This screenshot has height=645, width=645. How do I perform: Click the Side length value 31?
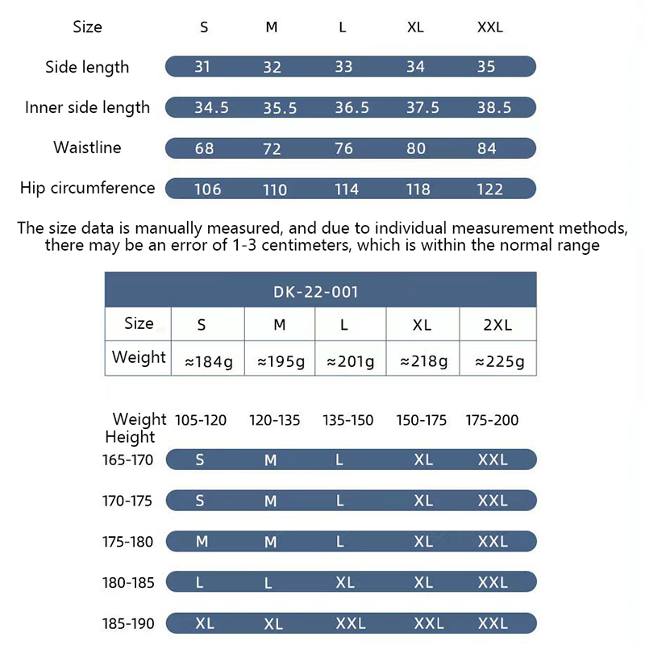(202, 66)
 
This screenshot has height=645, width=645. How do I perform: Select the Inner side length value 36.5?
(352, 107)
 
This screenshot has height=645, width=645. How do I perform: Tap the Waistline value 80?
(415, 148)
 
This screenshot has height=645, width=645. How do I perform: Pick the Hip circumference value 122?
(489, 189)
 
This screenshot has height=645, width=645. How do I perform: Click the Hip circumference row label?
(87, 188)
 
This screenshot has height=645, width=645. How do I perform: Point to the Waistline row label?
(87, 148)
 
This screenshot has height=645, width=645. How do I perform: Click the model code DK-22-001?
(321, 291)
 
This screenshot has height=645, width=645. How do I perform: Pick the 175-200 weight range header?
(492, 420)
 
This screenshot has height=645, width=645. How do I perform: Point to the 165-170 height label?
(127, 460)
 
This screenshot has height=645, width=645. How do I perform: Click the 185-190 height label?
(127, 623)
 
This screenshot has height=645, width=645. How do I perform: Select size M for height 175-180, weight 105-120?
(202, 542)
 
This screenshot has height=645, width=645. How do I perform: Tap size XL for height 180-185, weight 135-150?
(344, 582)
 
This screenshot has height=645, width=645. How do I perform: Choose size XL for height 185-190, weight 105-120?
(204, 623)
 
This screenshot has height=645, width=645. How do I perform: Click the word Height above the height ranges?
(130, 437)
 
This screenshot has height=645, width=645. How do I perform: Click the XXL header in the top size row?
(489, 27)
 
